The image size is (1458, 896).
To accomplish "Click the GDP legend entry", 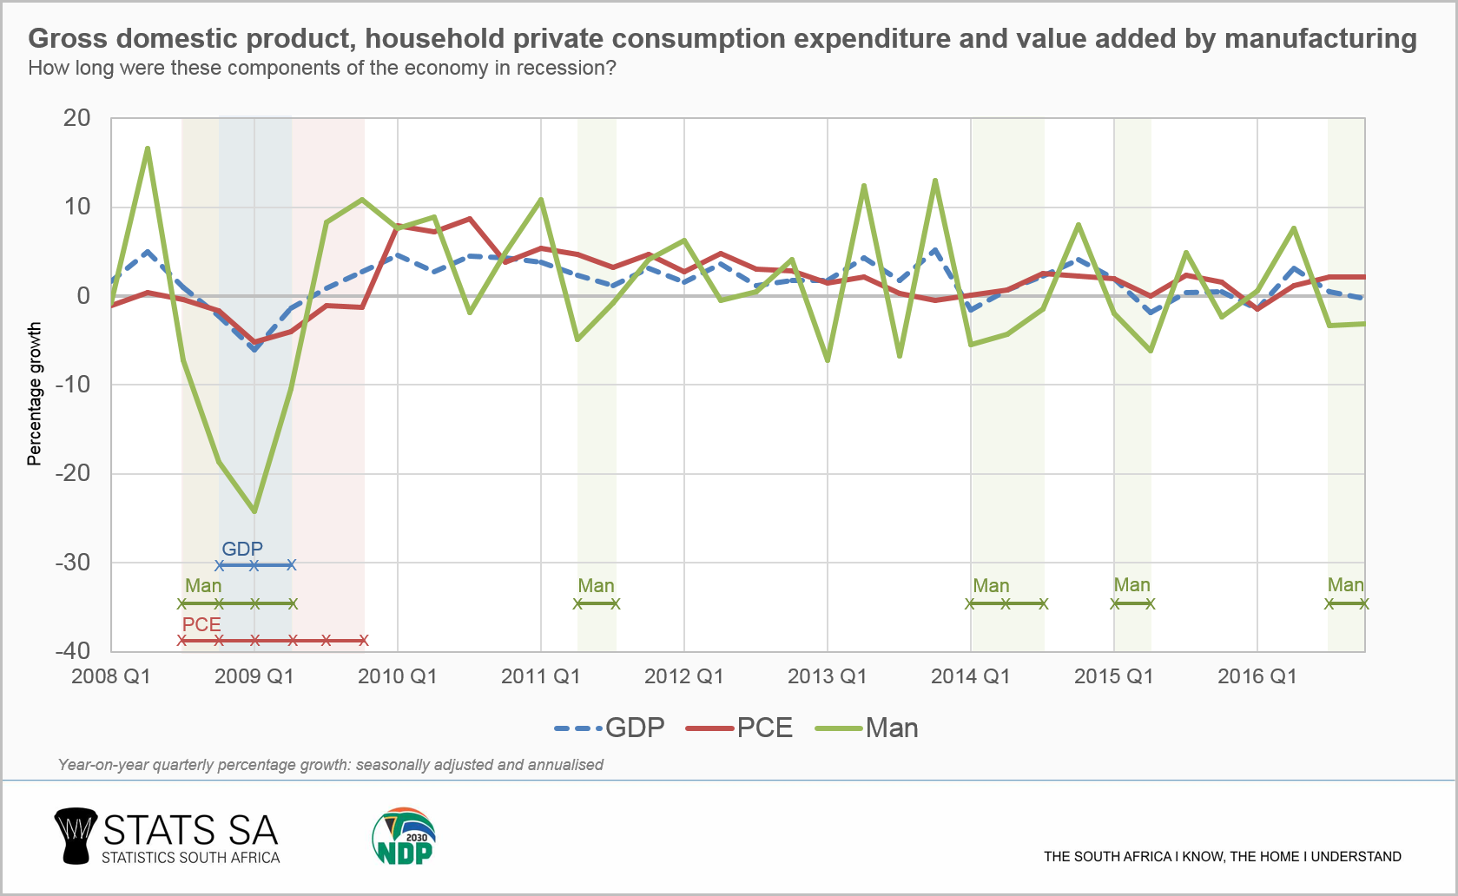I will (x=610, y=728).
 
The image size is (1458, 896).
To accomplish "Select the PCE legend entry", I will (x=740, y=728).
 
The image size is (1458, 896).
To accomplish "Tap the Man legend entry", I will (x=868, y=728).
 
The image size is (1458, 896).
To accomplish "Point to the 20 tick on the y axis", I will (x=76, y=118).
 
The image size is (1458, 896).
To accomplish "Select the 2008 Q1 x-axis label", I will (x=111, y=676).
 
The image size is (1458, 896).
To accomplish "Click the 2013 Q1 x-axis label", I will (x=827, y=676).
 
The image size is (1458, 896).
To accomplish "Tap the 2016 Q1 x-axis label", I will (x=1257, y=676).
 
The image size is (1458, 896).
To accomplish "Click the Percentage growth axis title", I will (x=34, y=393).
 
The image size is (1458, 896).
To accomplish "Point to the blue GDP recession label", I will (x=242, y=549).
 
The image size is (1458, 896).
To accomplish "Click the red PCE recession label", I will (x=201, y=624).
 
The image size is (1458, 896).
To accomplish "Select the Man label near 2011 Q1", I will (x=596, y=586).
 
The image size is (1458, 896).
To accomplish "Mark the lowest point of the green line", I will (x=254, y=511).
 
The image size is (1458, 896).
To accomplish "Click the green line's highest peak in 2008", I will (x=148, y=148).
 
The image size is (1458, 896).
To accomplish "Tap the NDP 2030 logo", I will (x=404, y=837).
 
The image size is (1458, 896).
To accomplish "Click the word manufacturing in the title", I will (x=1320, y=38).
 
